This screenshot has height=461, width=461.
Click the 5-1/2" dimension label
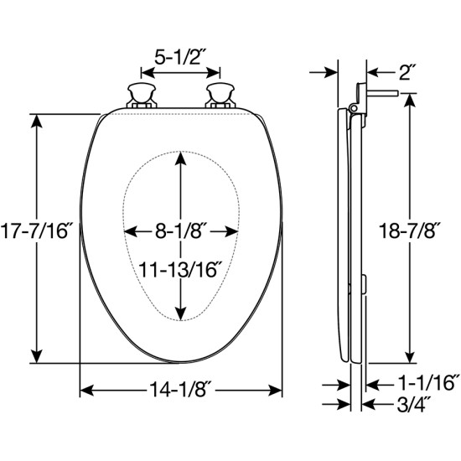[x=181, y=57]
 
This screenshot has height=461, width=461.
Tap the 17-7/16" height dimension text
[x=36, y=230]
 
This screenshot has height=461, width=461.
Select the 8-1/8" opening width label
[x=179, y=231]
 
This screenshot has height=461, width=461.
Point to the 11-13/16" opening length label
[x=180, y=270]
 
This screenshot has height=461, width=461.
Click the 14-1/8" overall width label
[x=180, y=390]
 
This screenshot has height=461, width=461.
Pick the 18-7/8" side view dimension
[x=410, y=230]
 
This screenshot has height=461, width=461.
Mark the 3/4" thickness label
[x=414, y=405]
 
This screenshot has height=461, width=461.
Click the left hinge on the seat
[x=142, y=96]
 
